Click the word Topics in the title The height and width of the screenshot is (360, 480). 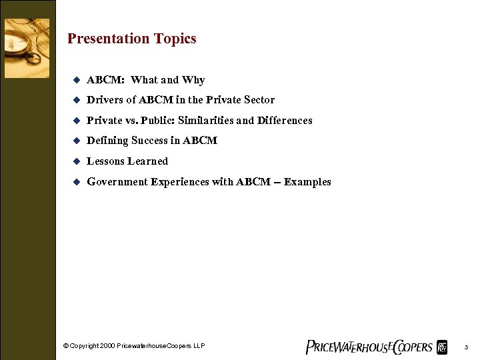tap(175, 39)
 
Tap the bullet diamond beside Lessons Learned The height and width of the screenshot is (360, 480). tap(76, 161)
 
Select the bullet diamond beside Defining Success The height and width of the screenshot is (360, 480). tap(76, 141)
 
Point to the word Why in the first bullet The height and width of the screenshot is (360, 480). tap(193, 80)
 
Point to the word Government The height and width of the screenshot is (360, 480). tap(117, 182)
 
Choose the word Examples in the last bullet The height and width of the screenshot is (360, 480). tap(307, 182)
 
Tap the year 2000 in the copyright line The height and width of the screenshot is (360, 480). tap(108, 346)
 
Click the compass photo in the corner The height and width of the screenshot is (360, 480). tap(27, 48)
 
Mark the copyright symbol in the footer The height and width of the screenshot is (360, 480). tap(65, 346)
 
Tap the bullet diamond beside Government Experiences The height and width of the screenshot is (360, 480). tap(76, 182)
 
